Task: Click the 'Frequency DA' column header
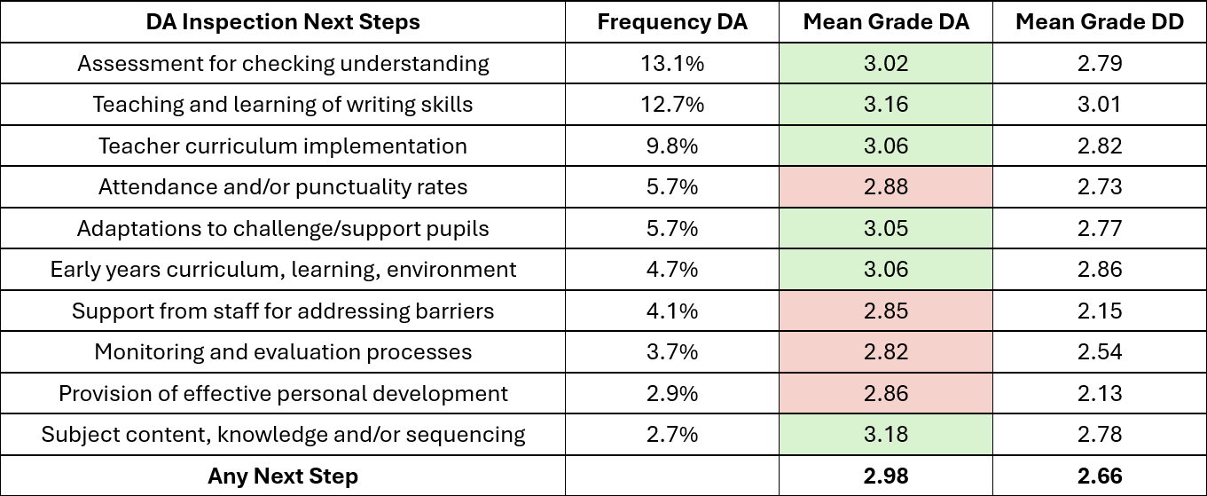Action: [x=672, y=22]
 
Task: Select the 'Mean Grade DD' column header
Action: [x=1099, y=22]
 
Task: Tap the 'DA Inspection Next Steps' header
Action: [x=283, y=22]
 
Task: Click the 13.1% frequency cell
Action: [x=672, y=64]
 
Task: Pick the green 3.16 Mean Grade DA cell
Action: [x=886, y=105]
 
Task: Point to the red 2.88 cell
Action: [x=886, y=187]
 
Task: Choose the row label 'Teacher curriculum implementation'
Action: [x=283, y=146]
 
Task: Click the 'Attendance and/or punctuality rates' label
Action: [x=283, y=187]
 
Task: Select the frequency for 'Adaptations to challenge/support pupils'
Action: [x=672, y=229]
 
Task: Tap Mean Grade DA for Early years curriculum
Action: [x=886, y=270]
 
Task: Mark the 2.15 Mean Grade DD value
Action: [x=1099, y=311]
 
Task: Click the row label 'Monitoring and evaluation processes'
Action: [x=283, y=352]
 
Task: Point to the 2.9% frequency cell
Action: [x=672, y=394]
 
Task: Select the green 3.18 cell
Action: [x=886, y=435]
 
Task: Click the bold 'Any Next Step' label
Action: [x=283, y=476]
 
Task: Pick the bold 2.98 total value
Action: [x=886, y=476]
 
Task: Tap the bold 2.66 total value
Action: [x=1099, y=476]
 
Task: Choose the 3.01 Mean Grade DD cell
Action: [x=1099, y=105]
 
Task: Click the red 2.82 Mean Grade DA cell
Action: [x=886, y=352]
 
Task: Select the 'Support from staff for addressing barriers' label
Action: [x=283, y=311]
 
